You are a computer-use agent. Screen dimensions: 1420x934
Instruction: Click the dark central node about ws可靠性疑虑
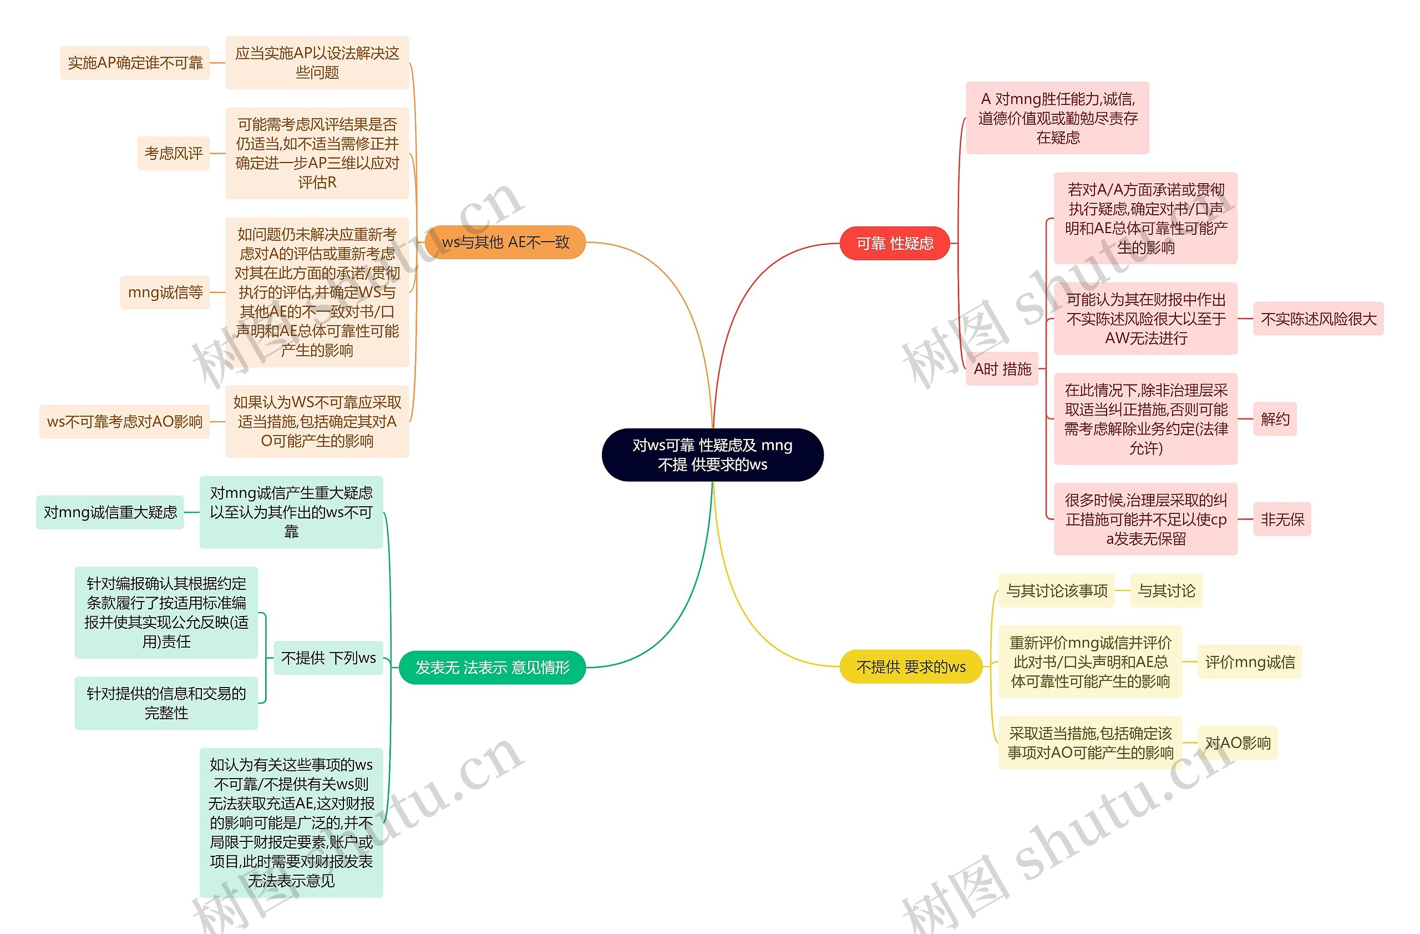pos(712,454)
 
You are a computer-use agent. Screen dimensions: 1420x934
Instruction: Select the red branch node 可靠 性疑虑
pos(894,243)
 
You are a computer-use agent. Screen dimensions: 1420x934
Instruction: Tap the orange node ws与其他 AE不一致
pos(505,242)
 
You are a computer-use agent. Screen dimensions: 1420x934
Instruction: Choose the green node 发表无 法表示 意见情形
pos(491,667)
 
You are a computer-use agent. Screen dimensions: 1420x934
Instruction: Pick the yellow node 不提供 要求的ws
pos(910,667)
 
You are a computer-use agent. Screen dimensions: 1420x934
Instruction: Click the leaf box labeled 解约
pos(1275,418)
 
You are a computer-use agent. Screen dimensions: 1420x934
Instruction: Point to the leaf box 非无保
pos(1281,519)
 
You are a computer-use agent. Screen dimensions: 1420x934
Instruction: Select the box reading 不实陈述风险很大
pos(1317,319)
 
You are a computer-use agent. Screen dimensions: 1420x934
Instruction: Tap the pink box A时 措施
pos(1002,369)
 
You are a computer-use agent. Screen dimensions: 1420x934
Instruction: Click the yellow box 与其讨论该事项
pos(1056,590)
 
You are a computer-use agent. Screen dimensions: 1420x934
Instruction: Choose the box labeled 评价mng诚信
pos(1249,662)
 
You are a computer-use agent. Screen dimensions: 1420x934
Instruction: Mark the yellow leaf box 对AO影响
pos(1238,743)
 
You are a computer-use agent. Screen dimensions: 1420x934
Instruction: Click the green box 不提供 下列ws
pos(328,657)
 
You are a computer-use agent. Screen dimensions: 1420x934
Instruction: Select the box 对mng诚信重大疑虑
pos(110,512)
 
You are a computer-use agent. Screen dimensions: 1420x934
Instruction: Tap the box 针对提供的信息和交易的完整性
pos(166,703)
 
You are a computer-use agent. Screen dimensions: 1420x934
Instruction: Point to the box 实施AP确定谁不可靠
pos(135,62)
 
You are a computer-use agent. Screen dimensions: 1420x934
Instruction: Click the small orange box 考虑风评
pos(173,153)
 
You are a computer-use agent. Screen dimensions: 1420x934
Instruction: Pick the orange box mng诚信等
pos(165,292)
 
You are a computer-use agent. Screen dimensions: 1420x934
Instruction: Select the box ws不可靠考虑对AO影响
pos(124,421)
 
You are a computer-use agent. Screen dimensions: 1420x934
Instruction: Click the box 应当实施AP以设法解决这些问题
pos(317,62)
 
